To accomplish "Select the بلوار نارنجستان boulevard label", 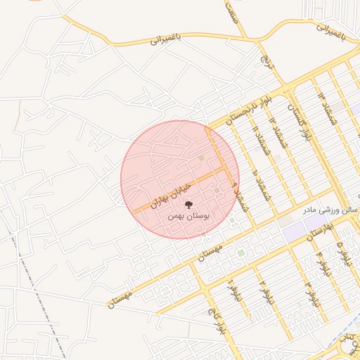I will [240, 110].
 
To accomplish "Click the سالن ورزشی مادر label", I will [323, 210].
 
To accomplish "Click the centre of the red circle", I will [180, 180].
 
